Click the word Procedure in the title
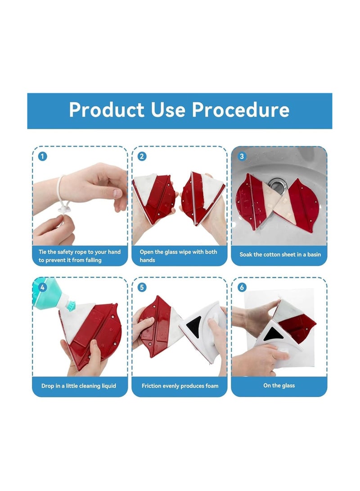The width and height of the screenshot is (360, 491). [x=240, y=110]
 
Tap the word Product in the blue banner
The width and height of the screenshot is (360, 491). [x=107, y=110]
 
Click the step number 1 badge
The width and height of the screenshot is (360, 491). [x=43, y=156]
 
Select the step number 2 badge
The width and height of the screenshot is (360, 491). [x=142, y=156]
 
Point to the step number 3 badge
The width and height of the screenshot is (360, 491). [x=242, y=156]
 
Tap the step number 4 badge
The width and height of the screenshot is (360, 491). [x=43, y=287]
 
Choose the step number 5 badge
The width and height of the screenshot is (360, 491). [x=142, y=287]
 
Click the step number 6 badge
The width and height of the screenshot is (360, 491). [x=242, y=287]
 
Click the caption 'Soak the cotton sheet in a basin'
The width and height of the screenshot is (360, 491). [x=280, y=255]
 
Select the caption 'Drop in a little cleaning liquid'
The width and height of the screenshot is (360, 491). [x=79, y=386]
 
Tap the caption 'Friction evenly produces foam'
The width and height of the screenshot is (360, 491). [x=180, y=386]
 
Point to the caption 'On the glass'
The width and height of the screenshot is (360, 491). [x=279, y=386]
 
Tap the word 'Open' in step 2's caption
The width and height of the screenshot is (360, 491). [x=147, y=252]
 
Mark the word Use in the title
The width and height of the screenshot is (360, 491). [x=168, y=110]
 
